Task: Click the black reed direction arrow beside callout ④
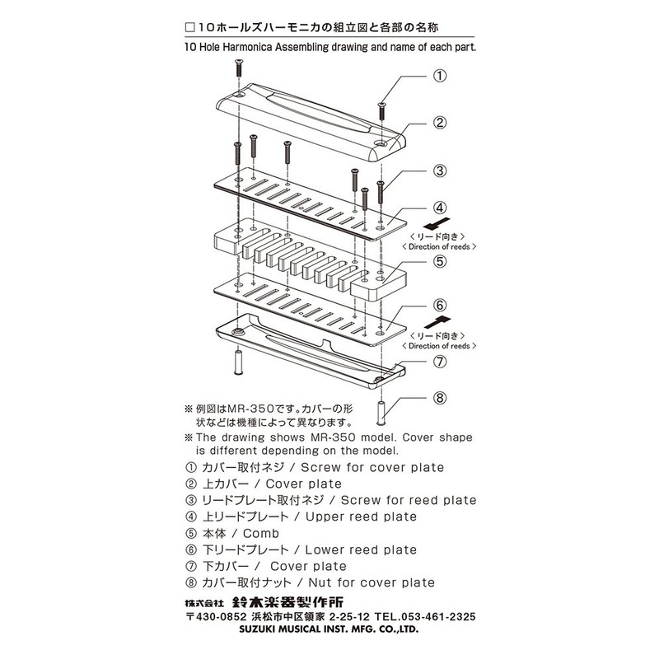(438, 224)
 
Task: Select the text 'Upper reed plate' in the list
(361, 516)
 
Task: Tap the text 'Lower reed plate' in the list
(361, 549)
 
